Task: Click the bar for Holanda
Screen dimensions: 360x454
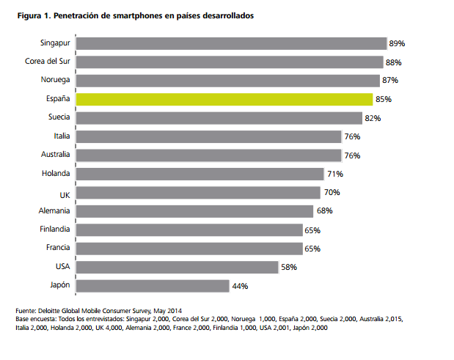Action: click(x=199, y=174)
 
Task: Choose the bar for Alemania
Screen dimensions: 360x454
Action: click(x=194, y=211)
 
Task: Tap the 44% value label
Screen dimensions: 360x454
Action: click(x=240, y=287)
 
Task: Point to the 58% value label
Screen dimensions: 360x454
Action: click(x=288, y=268)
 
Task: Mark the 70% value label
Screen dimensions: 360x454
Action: click(x=331, y=193)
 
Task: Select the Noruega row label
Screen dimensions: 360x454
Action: click(x=55, y=80)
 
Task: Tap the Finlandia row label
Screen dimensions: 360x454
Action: click(x=54, y=229)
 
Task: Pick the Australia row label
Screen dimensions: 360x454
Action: click(x=54, y=155)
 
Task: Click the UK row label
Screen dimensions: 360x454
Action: click(x=65, y=192)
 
